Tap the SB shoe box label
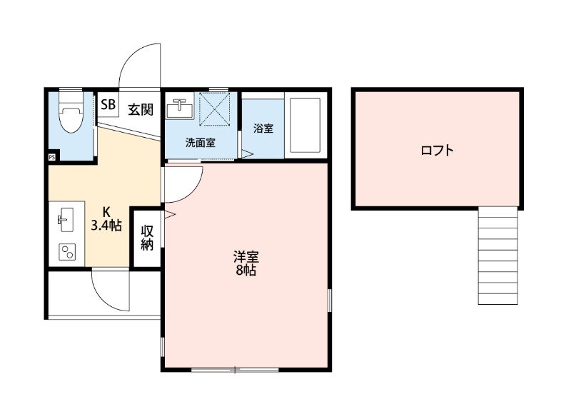(108, 106)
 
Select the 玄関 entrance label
(141, 109)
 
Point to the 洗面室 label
(200, 142)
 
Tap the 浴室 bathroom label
(263, 128)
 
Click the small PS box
(52, 157)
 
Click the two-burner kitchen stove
(66, 252)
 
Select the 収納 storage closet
(147, 238)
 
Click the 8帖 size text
(246, 271)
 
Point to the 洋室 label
(246, 256)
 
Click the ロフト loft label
(437, 151)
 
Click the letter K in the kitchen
(106, 212)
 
